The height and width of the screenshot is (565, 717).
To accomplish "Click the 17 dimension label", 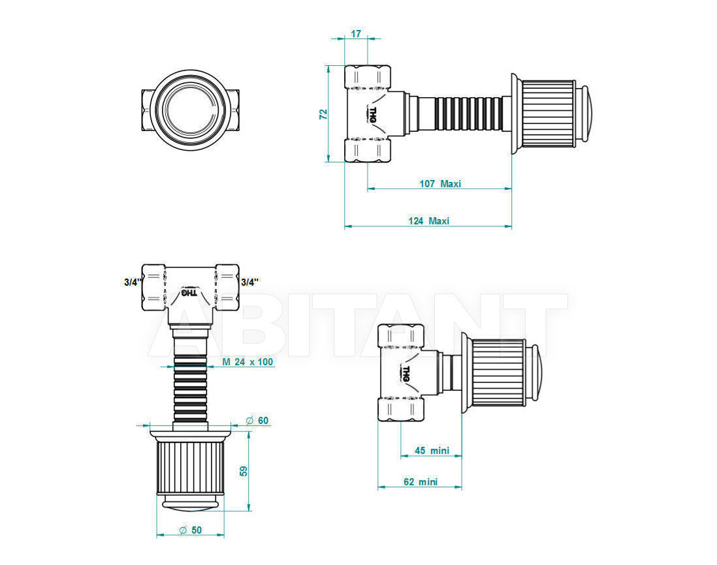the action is point(356,33).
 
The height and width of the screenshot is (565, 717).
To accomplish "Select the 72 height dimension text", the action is point(323,114).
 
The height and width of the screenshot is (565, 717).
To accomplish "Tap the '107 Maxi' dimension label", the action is point(440,183).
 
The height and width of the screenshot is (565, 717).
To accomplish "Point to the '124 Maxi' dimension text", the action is point(429,221).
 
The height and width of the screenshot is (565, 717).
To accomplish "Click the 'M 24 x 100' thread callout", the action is point(248,361).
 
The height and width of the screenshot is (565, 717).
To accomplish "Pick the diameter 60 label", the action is point(257,420).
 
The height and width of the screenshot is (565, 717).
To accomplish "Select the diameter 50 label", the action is point(190,530).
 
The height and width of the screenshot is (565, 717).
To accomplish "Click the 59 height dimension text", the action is point(244,471).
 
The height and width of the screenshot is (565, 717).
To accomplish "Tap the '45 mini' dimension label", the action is point(432,450).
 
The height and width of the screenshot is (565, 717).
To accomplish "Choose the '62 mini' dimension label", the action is point(421,482).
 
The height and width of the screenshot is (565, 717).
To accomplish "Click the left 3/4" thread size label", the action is point(133,282).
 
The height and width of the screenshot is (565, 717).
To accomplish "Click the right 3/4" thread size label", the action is point(249,282).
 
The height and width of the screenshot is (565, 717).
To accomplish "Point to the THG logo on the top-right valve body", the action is point(372,114).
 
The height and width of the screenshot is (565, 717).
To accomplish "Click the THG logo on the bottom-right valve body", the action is point(406,373).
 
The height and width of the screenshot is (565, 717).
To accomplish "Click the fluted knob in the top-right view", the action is point(548,114).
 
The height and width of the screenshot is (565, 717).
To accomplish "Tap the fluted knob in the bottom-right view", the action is point(499,373).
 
